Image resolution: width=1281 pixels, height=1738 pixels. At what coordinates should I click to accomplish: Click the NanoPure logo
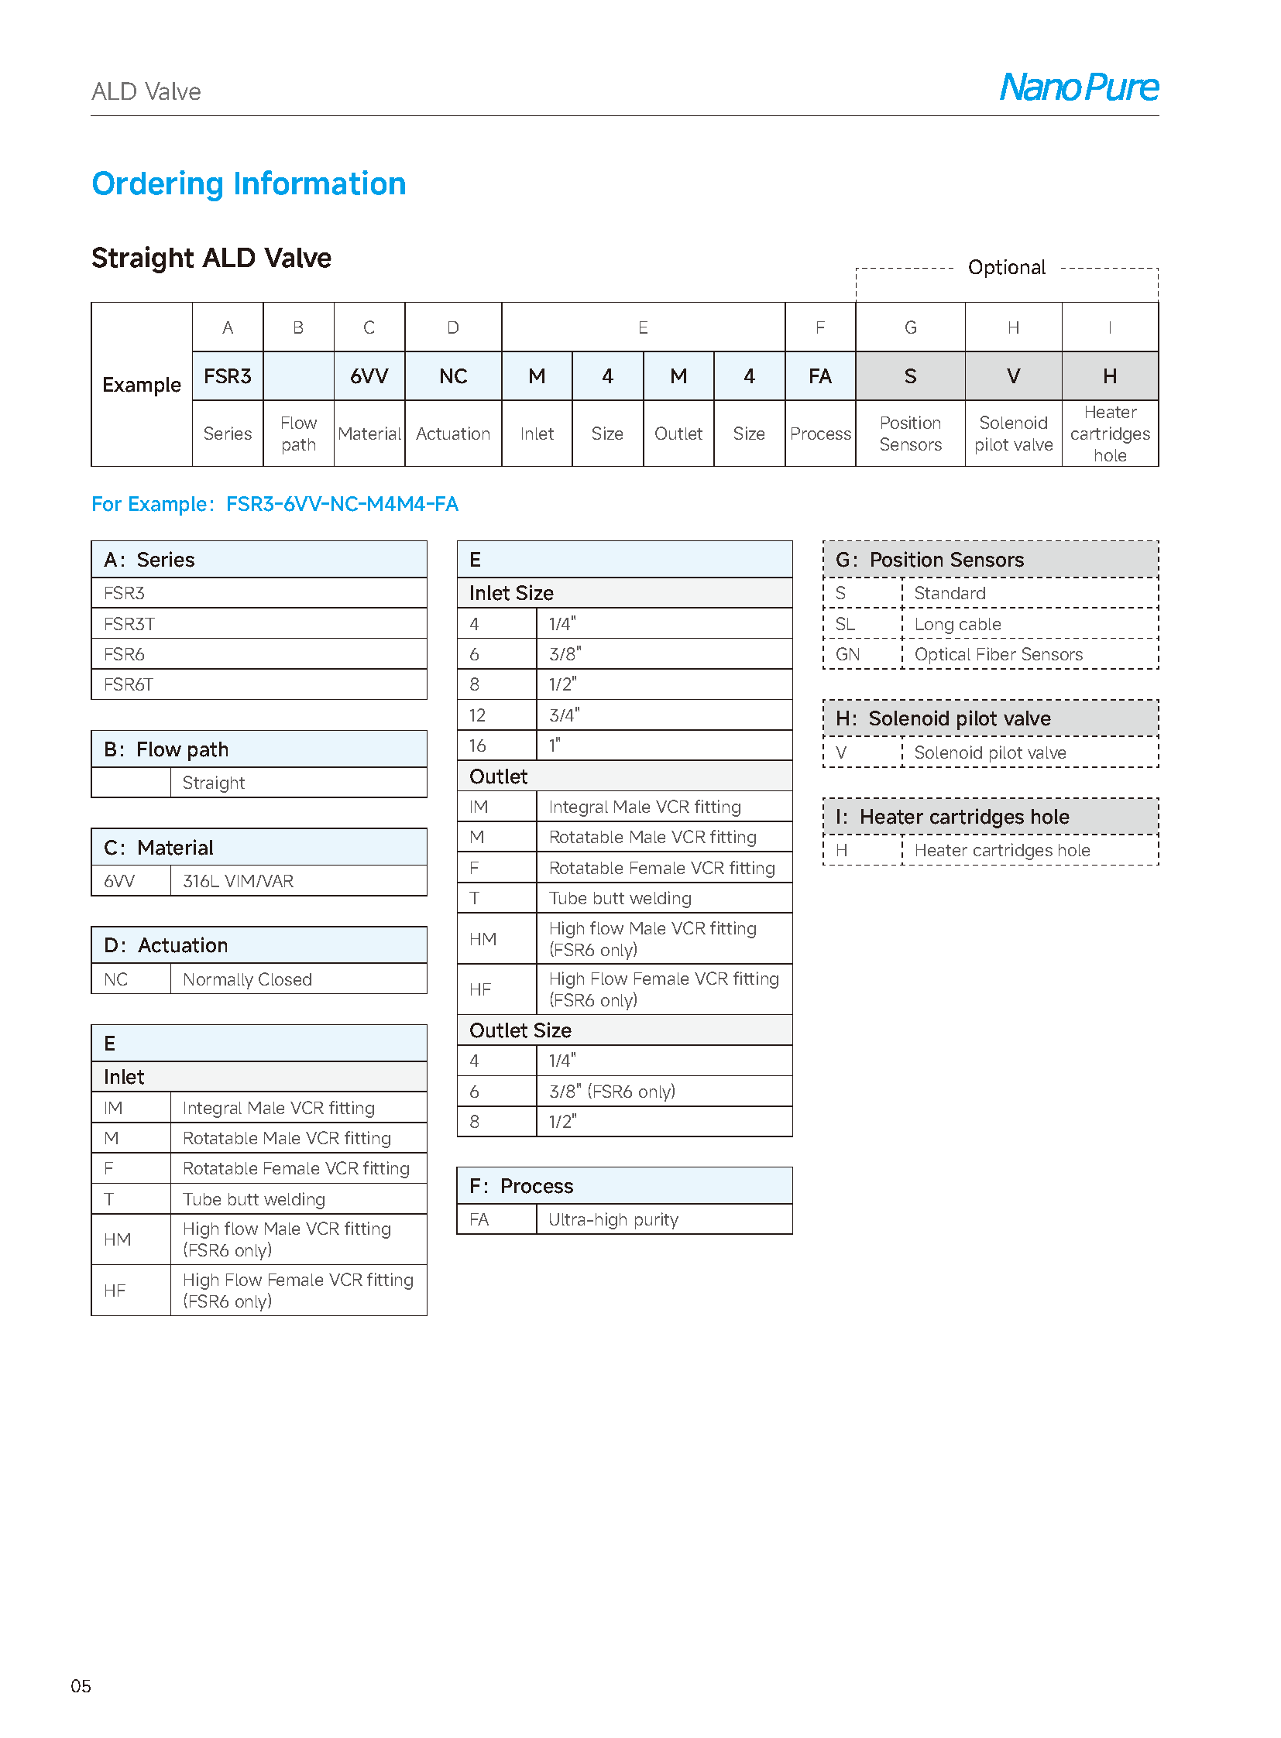(x=1078, y=87)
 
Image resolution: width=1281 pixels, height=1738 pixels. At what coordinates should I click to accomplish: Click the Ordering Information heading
(x=248, y=183)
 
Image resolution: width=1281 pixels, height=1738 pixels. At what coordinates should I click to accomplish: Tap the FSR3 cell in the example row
(x=227, y=376)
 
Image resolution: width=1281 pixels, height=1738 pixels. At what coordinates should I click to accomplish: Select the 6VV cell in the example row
(x=369, y=376)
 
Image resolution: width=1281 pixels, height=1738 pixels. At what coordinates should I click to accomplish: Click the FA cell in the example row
(x=819, y=376)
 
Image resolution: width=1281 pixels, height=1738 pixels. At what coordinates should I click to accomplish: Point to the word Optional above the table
(x=1006, y=267)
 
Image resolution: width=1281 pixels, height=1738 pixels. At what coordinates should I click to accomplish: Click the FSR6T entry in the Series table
(x=129, y=684)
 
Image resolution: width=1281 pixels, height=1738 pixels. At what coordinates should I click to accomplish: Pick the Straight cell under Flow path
(x=213, y=783)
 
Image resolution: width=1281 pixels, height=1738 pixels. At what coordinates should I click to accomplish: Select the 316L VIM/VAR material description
(x=238, y=882)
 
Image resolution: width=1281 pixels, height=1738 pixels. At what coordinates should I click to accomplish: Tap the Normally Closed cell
(x=247, y=980)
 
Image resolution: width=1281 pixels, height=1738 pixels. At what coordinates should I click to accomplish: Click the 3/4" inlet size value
(x=564, y=715)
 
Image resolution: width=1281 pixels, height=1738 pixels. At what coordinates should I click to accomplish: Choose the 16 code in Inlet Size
(x=478, y=746)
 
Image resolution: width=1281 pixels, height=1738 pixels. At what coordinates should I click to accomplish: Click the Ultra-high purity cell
(x=613, y=1219)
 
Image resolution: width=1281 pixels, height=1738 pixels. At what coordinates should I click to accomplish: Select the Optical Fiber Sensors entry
(x=998, y=654)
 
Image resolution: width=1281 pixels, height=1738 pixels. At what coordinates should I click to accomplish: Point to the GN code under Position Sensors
(x=847, y=654)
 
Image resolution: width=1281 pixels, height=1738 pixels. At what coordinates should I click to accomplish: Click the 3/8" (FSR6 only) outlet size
(x=612, y=1092)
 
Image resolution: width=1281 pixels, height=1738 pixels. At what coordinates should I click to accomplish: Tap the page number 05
(x=81, y=1686)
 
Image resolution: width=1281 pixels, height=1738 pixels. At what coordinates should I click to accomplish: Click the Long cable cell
(x=956, y=624)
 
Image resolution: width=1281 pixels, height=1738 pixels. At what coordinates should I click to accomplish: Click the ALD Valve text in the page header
(x=146, y=91)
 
